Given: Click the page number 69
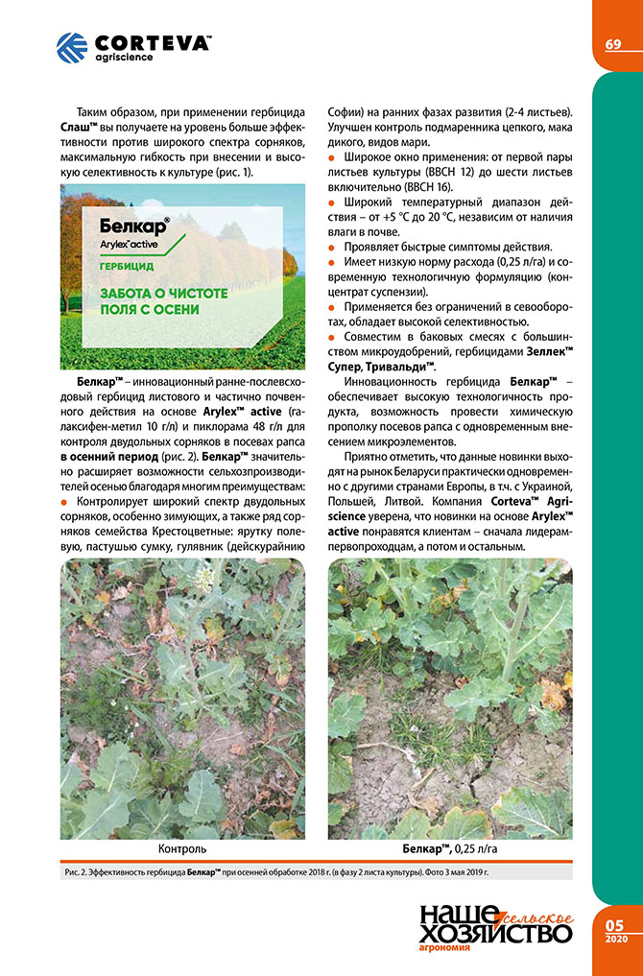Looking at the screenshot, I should [613, 45].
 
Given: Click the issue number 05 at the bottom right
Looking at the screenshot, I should [614, 923].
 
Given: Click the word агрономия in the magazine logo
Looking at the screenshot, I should [444, 948].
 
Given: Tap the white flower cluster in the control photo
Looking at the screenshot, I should [203, 580].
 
